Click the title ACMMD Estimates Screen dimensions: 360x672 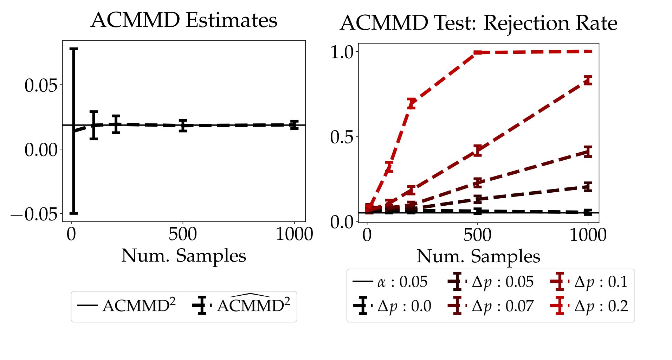(184, 20)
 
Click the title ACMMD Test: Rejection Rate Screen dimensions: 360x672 (478, 23)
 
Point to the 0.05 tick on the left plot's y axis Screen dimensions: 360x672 (41, 85)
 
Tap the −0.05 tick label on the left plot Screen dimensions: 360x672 (34, 214)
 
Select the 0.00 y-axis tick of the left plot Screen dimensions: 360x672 (41, 150)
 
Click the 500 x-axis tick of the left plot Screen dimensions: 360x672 (182, 234)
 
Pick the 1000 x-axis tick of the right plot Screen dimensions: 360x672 (588, 235)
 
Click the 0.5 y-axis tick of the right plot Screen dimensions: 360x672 (342, 137)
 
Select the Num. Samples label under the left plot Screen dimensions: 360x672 (183, 256)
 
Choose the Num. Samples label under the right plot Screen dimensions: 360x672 (478, 257)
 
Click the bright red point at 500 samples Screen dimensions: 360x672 (477, 53)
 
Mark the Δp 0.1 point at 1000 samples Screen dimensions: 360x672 (588, 81)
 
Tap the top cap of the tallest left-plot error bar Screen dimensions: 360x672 (73, 49)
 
